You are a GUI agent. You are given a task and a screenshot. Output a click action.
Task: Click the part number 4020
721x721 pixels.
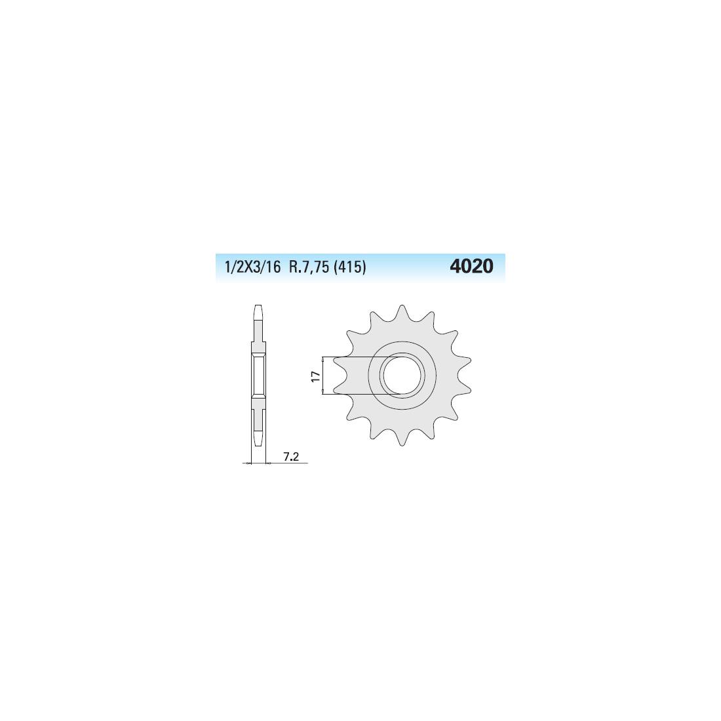[471, 266]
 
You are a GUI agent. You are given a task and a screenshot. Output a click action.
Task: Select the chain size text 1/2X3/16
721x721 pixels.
[252, 267]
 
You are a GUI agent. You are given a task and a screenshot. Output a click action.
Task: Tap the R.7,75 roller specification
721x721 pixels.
[309, 267]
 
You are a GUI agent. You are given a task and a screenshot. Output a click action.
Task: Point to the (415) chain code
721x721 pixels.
[349, 267]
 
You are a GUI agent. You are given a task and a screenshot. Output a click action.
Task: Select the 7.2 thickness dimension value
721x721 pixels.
[291, 457]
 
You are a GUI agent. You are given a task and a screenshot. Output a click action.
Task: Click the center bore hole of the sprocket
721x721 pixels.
[401, 375]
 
